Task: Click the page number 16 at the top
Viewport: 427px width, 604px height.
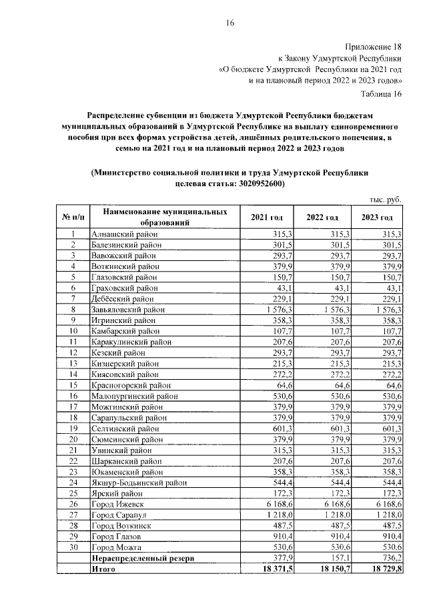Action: (229, 23)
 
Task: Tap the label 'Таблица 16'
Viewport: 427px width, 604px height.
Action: (381, 93)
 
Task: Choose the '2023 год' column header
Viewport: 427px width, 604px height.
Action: (377, 218)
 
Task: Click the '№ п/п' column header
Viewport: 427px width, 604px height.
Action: (72, 218)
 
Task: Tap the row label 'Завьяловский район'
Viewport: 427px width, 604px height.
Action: (126, 310)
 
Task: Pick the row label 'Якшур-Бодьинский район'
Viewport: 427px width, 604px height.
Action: (135, 483)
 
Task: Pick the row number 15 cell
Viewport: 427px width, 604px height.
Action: (73, 385)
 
